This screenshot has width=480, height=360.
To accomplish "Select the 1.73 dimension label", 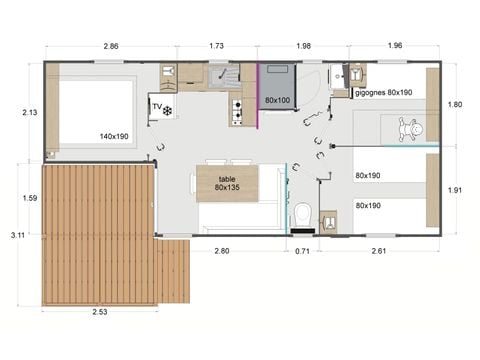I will pyautogui.click(x=216, y=45).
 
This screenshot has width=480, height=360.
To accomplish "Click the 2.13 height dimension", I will pyautogui.click(x=29, y=113).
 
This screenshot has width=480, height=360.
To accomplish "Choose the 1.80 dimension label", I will pyautogui.click(x=454, y=104).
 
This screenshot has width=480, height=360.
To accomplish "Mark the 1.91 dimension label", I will pyautogui.click(x=454, y=190).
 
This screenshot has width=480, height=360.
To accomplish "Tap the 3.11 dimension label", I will pyautogui.click(x=17, y=235).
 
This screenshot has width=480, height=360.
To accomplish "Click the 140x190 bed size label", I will pyautogui.click(x=115, y=136).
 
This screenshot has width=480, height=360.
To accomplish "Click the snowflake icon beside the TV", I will pyautogui.click(x=168, y=109).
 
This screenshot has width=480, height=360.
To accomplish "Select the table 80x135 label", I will pyautogui.click(x=226, y=180).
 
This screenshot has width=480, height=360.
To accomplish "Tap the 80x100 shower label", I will pyautogui.click(x=279, y=101).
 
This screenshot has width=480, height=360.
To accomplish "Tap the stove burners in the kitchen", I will pyautogui.click(x=238, y=112).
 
